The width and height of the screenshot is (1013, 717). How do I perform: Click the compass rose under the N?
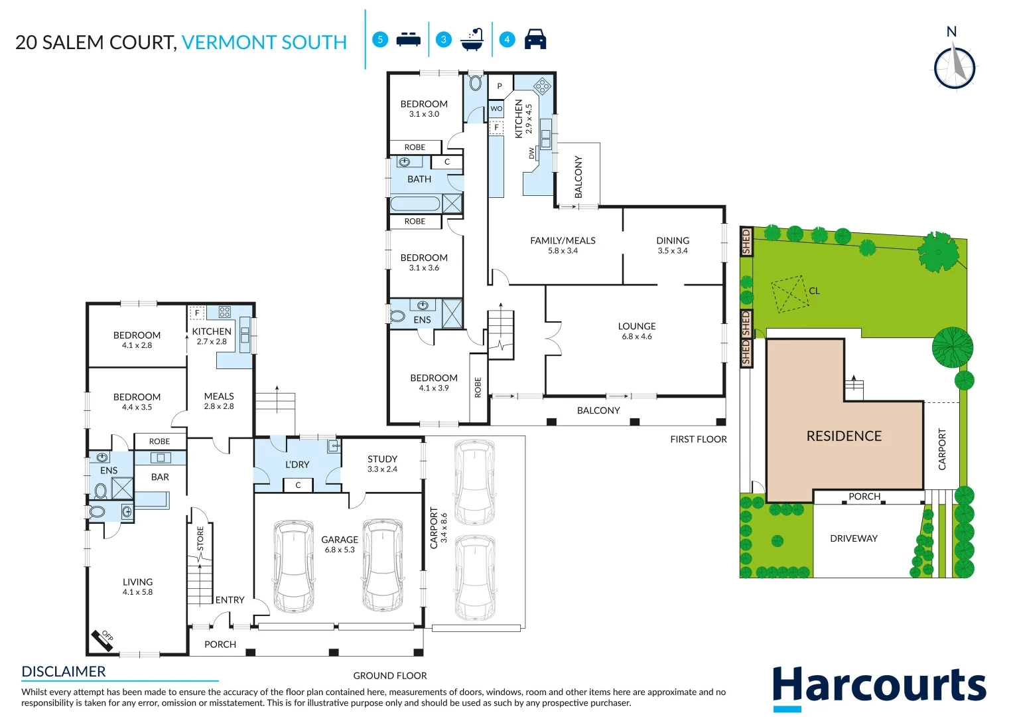(955, 67)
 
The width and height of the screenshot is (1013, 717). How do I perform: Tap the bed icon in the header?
(408, 40)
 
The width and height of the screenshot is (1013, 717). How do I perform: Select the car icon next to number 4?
(535, 39)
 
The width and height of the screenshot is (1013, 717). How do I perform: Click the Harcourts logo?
(879, 686)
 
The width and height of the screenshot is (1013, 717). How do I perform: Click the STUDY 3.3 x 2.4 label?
(382, 463)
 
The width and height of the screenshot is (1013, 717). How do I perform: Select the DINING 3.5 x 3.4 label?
(673, 245)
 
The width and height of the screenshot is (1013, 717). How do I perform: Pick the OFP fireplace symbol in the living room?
(104, 638)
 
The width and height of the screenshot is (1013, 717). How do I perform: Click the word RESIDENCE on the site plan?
(844, 436)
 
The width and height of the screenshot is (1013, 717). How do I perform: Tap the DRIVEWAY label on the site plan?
(854, 538)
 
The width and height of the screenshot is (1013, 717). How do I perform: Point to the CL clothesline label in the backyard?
(814, 291)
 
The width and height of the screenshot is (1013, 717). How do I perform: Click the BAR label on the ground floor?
(160, 477)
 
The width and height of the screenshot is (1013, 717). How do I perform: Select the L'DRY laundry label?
(297, 465)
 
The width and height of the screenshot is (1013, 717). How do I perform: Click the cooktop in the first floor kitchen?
(542, 86)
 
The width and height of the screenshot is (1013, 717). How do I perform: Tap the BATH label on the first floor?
(419, 179)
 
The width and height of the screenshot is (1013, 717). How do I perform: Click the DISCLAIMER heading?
(64, 672)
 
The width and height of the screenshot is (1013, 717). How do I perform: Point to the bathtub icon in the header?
(472, 40)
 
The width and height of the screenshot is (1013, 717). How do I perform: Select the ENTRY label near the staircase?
(230, 600)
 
